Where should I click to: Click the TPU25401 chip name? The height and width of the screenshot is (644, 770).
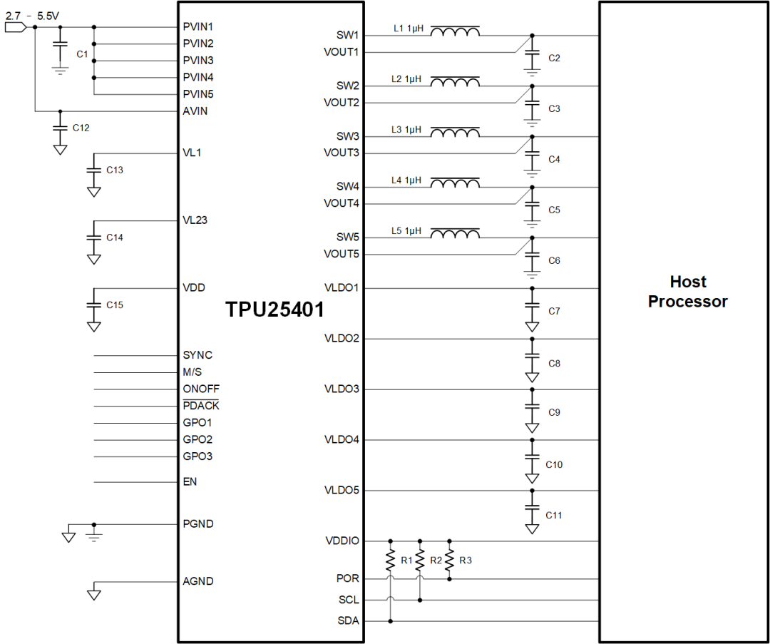pyautogui.click(x=275, y=310)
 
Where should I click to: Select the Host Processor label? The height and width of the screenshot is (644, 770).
pyautogui.click(x=687, y=292)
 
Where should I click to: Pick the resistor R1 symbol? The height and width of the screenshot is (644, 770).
pyautogui.click(x=390, y=560)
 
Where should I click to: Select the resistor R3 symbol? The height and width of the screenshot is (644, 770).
pyautogui.click(x=449, y=560)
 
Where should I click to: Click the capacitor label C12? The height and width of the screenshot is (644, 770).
pyautogui.click(x=81, y=128)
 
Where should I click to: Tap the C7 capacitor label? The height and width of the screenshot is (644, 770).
pyautogui.click(x=554, y=312)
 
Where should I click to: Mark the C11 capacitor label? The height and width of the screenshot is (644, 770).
pyautogui.click(x=554, y=515)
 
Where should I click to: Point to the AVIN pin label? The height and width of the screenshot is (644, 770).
pyautogui.click(x=195, y=111)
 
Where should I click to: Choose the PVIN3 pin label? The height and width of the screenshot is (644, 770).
pyautogui.click(x=198, y=60)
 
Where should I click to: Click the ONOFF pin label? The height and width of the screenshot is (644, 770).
pyautogui.click(x=201, y=389)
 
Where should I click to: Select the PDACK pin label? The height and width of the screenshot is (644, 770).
pyautogui.click(x=201, y=406)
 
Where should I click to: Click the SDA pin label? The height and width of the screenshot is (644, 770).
pyautogui.click(x=349, y=621)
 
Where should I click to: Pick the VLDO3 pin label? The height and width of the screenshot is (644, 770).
pyautogui.click(x=342, y=389)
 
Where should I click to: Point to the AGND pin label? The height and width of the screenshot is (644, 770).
pyautogui.click(x=198, y=581)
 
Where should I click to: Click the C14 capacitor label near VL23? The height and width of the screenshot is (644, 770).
pyautogui.click(x=115, y=237)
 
